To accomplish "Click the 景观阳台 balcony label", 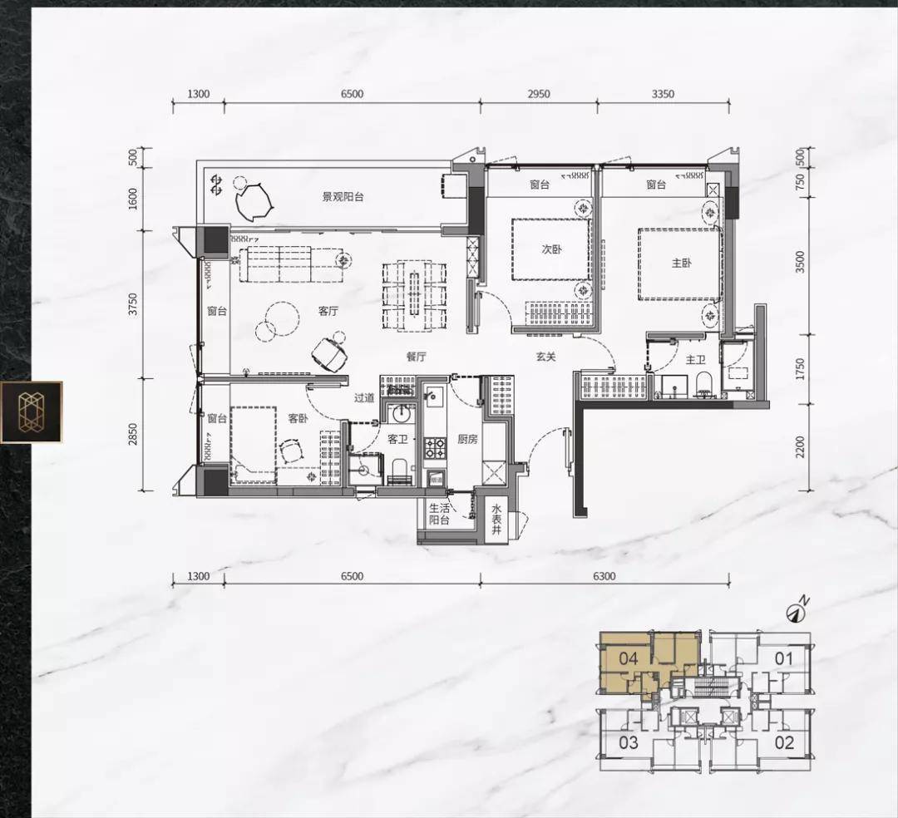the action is pyautogui.click(x=343, y=197).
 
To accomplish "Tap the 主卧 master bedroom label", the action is pyautogui.click(x=682, y=264).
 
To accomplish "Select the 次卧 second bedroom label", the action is pyautogui.click(x=552, y=249).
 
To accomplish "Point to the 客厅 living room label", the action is pyautogui.click(x=328, y=311).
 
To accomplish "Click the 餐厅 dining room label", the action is pyautogui.click(x=417, y=357).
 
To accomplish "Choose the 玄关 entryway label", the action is pyautogui.click(x=545, y=357).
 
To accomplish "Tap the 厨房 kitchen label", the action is pyautogui.click(x=467, y=439).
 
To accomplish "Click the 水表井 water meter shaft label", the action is pyautogui.click(x=496, y=520).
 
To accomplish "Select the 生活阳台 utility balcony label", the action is pyautogui.click(x=440, y=514).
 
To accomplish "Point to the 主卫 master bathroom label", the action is pyautogui.click(x=695, y=359).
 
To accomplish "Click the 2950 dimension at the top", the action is pyautogui.click(x=538, y=94).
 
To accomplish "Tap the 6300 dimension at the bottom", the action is pyautogui.click(x=604, y=576).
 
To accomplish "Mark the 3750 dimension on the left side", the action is pyautogui.click(x=133, y=304).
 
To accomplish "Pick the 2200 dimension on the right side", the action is pyautogui.click(x=800, y=447).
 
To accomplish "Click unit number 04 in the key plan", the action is pyautogui.click(x=629, y=658).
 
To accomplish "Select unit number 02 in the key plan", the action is pyautogui.click(x=784, y=742).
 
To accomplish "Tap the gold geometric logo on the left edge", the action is pyautogui.click(x=32, y=412).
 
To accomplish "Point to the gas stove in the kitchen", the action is pyautogui.click(x=434, y=447).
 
